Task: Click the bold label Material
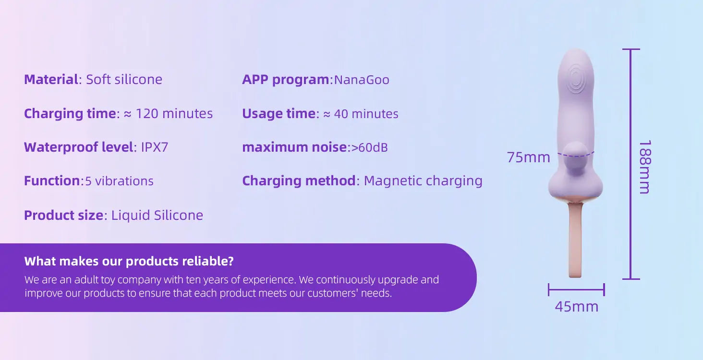point(51,79)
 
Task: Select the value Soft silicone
point(124,79)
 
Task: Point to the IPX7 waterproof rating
point(155,147)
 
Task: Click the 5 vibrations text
point(119,181)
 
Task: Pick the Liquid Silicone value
point(157,215)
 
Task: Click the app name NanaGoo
point(362,80)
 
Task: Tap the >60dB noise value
point(369,147)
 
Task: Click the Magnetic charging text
point(423,181)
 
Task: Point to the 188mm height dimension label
point(645,167)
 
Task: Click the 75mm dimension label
point(529,157)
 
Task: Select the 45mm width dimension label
point(577,307)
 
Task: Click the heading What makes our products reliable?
point(129,261)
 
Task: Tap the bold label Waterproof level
point(78,147)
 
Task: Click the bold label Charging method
point(299,181)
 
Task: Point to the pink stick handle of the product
point(575,240)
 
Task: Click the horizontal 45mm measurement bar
point(577,290)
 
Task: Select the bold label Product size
point(64,216)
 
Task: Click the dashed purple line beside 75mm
point(576,155)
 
